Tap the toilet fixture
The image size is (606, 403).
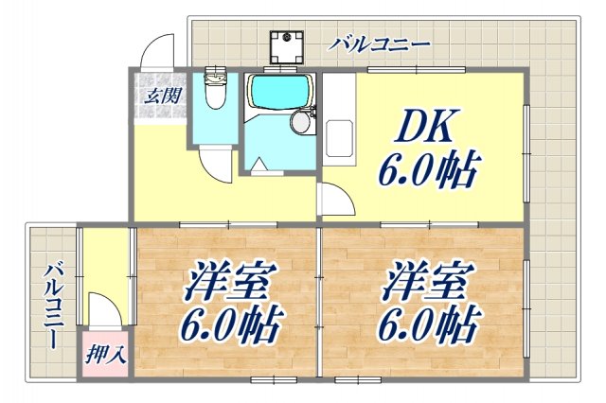click(x=215, y=92)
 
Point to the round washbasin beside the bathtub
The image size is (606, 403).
click(x=301, y=121)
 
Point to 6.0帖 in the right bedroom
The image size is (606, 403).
click(x=426, y=326)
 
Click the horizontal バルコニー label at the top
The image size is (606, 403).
click(x=382, y=44)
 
